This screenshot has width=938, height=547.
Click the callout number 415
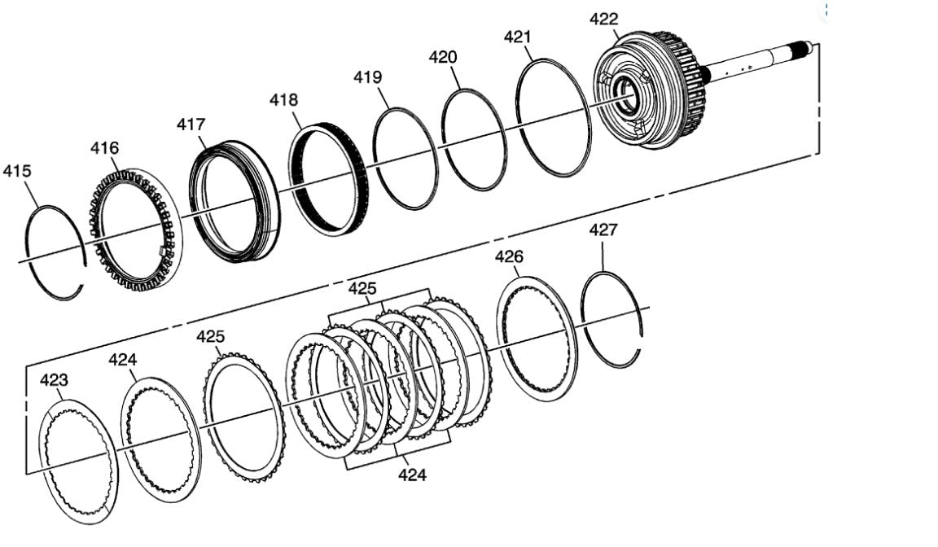17,171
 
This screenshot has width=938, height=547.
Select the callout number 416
104,148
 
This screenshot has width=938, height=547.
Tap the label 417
191,125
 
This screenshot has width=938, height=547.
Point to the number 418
284,100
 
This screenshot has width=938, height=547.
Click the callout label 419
367,77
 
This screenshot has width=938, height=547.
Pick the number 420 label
443,57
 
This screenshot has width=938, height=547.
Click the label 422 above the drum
603,19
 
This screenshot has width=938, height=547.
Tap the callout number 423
54,380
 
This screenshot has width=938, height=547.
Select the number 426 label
509,257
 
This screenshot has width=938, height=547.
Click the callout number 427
603,230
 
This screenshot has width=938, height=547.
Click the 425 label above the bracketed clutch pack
362,288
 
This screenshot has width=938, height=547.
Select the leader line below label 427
603,255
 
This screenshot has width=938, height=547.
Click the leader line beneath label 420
454,77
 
